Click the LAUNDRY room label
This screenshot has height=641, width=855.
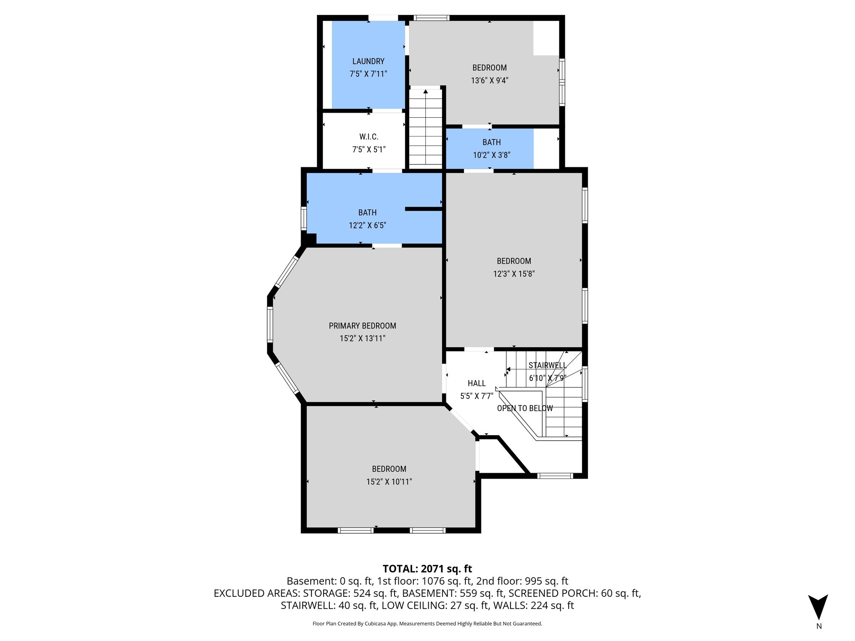tap(368, 61)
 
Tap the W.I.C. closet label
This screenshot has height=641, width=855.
tap(369, 137)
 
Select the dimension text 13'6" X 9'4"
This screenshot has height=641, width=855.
tap(489, 81)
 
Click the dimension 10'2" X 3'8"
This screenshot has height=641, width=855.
tap(491, 155)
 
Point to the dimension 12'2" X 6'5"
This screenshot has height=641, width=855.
tap(367, 226)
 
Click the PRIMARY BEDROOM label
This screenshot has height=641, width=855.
tap(362, 326)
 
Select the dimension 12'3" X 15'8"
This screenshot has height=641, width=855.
tap(514, 274)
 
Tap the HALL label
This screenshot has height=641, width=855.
tap(476, 383)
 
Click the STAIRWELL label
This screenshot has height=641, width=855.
tap(547, 366)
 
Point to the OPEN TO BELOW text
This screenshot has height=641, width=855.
tap(525, 408)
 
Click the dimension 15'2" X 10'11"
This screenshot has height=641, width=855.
tap(389, 482)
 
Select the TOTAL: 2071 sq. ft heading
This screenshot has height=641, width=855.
tap(427, 568)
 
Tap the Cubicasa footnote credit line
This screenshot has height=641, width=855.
tap(427, 623)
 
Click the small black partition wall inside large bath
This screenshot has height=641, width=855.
tap(423, 209)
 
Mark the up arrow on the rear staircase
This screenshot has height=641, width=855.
tap(425, 91)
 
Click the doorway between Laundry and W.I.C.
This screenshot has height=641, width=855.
tap(387, 111)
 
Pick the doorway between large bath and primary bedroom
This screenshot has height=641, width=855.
tap(387, 246)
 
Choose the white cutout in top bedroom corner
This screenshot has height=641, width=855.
tap(546, 38)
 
